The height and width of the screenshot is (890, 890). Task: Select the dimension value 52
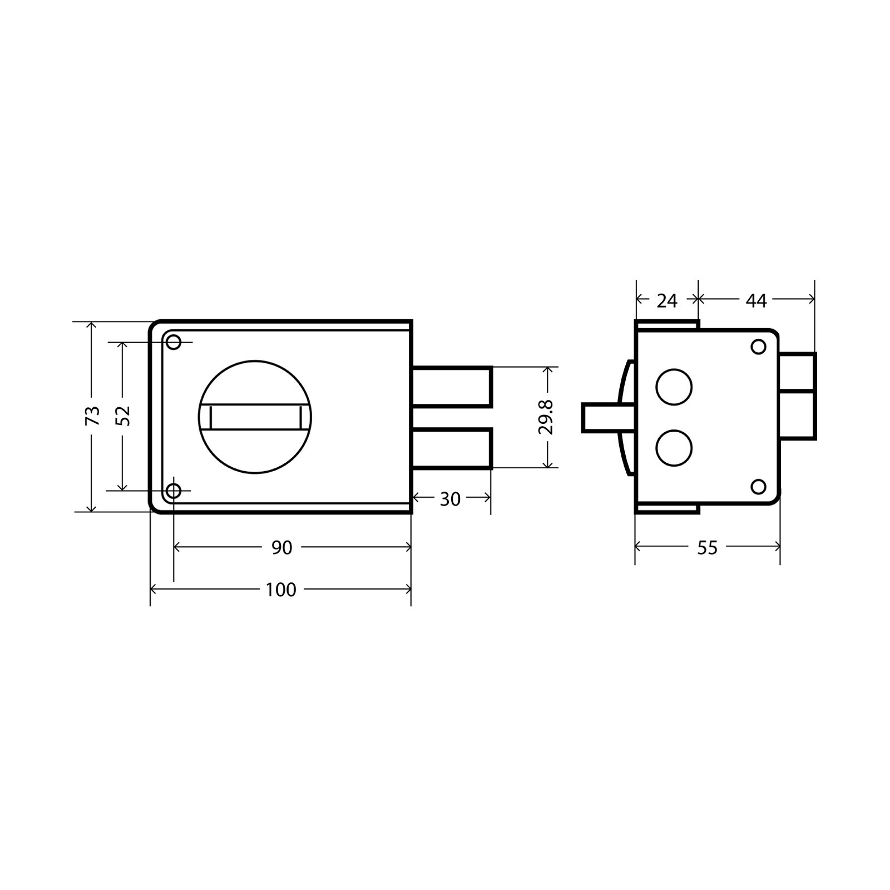[123, 416]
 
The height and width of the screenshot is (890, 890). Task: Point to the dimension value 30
[450, 500]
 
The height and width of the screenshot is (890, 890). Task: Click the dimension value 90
[282, 548]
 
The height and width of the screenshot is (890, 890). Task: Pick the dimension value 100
[281, 590]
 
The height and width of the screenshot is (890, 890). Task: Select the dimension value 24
[667, 301]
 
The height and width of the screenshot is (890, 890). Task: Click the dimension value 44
[756, 301]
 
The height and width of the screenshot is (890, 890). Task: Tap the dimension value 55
[707, 548]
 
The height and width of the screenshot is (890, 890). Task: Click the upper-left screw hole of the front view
[174, 342]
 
